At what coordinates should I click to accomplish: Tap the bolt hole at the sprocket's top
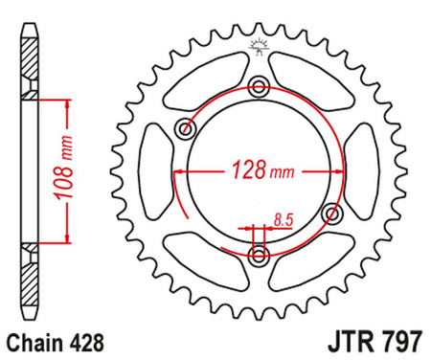259,88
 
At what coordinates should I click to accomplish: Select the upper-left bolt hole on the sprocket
186,129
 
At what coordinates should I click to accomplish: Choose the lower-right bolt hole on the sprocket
331,213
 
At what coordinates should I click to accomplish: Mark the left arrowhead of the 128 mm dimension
180,172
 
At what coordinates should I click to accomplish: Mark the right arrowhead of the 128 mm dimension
336,172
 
